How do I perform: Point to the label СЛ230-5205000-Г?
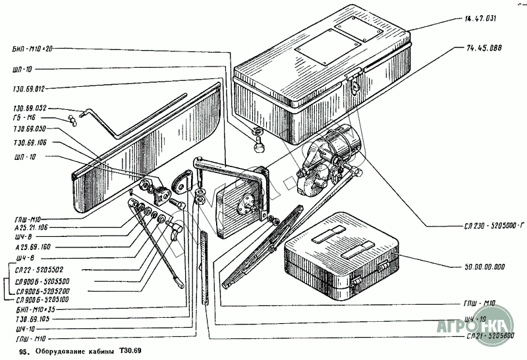485,226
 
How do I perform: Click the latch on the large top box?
352,82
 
